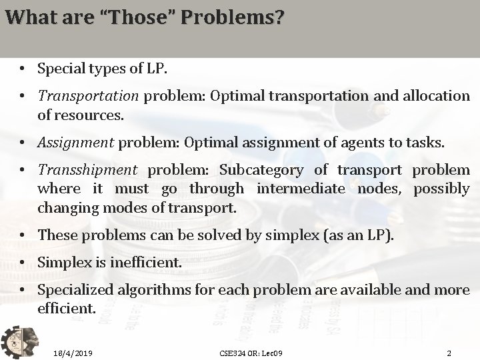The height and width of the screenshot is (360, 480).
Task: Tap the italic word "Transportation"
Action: [88, 96]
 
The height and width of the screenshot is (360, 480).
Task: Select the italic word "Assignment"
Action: [75, 143]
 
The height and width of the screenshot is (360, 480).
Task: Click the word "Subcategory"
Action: [261, 171]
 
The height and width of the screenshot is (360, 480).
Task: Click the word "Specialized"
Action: [75, 291]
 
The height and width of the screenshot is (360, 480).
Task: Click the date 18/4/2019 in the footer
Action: [73, 352]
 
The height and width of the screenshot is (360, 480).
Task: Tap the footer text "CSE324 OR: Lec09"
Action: [251, 352]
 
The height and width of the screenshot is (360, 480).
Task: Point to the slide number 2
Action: [449, 352]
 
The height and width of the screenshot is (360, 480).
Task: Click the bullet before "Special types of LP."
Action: [23, 68]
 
